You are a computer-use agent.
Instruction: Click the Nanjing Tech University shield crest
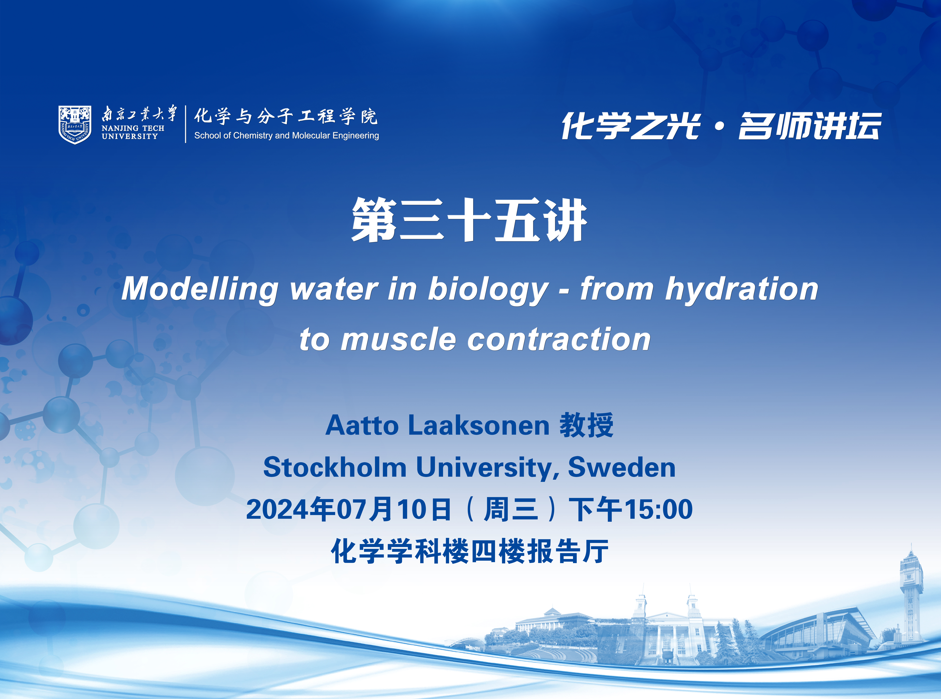[75, 124]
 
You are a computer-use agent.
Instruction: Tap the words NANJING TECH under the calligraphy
[133, 128]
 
